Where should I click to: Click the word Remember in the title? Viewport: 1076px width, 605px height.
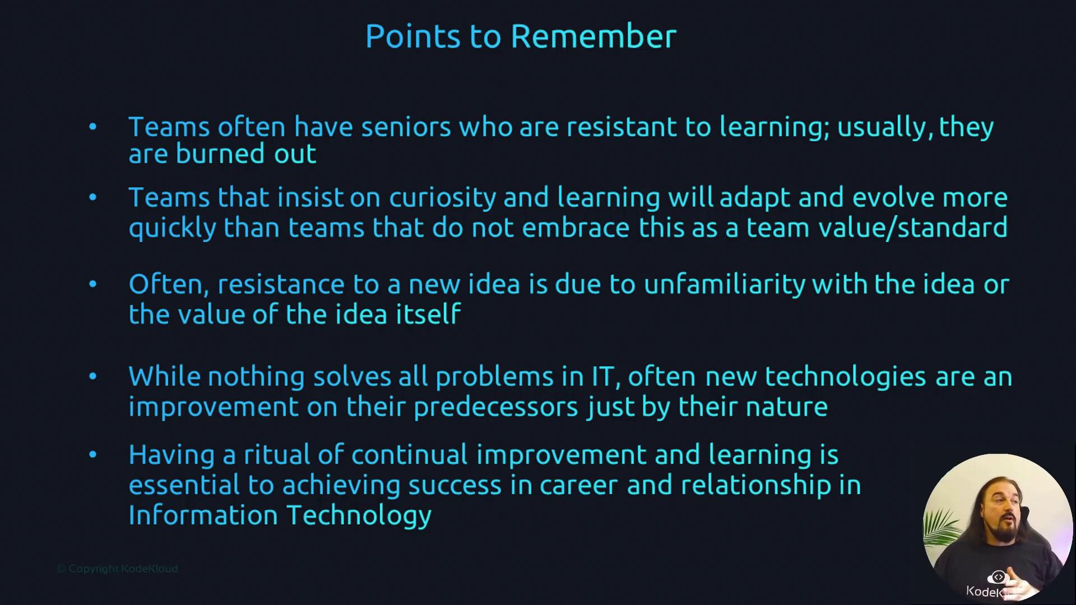tap(593, 36)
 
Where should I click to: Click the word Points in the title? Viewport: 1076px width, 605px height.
tap(413, 36)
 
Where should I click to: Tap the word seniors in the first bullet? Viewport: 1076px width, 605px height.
tap(406, 127)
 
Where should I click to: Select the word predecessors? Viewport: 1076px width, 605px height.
tap(495, 407)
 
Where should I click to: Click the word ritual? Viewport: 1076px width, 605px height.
tap(277, 454)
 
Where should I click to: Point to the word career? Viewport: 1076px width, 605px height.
tap(578, 486)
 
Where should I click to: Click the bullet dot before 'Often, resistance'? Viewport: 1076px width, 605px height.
tap(92, 284)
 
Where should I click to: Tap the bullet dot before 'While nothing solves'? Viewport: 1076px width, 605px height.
tap(92, 376)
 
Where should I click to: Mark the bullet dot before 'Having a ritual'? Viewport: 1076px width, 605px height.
tap(92, 454)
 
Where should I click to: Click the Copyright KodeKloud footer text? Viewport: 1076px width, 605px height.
tap(117, 569)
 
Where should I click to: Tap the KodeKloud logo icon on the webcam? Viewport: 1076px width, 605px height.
tap(998, 577)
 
